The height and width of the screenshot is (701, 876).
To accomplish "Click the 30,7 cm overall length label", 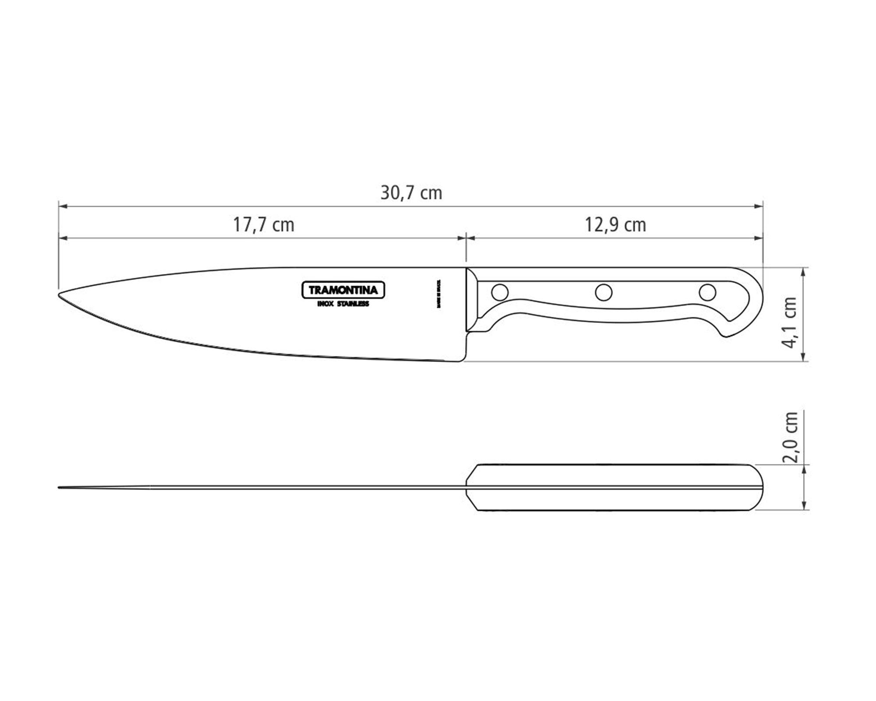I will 411,193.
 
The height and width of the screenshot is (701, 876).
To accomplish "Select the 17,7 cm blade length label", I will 263,225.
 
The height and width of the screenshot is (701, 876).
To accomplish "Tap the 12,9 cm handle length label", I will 615,225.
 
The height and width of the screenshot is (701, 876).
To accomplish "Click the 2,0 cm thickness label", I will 790,437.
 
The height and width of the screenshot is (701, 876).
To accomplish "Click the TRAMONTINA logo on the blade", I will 343,290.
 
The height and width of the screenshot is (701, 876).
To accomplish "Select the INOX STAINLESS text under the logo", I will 343,304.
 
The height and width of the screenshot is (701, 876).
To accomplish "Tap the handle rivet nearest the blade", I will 500,291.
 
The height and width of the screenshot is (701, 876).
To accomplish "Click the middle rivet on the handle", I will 604,292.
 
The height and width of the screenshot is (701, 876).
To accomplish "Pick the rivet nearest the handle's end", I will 707,292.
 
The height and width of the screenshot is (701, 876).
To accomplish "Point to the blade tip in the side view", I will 60,294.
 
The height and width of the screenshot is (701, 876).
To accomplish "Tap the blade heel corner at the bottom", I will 460,360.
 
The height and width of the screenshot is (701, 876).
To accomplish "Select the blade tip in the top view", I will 60,487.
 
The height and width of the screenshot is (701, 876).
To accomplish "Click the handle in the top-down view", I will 613,487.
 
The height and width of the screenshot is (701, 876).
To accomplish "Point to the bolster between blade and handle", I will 471,300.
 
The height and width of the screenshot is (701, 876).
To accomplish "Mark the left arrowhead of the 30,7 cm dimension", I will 63,205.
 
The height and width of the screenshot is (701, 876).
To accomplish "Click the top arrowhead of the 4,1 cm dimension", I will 803,271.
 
